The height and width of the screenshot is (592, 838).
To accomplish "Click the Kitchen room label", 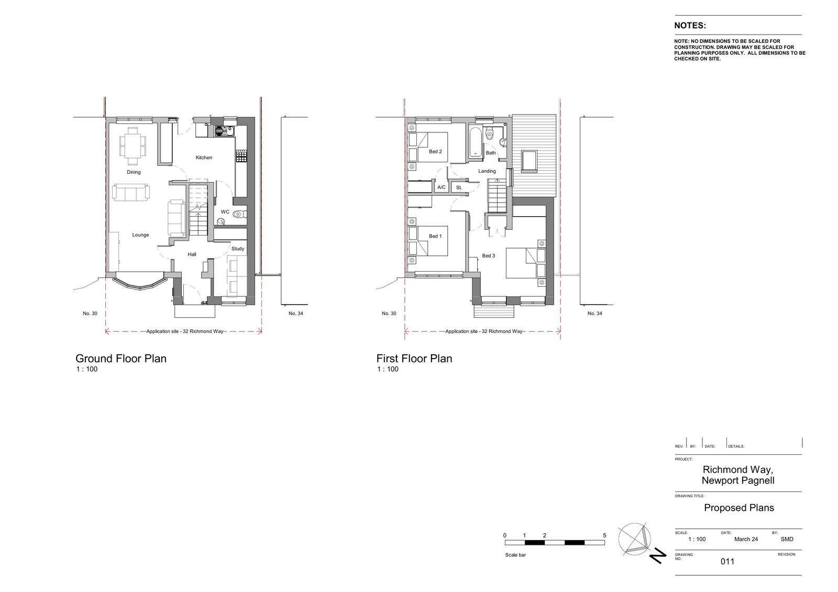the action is pyautogui.click(x=204, y=158).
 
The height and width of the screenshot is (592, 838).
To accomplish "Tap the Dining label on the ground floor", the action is pyautogui.click(x=134, y=172).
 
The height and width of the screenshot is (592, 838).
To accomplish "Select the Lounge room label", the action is pyautogui.click(x=140, y=235).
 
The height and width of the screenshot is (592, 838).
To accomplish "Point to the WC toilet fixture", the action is pyautogui.click(x=239, y=214).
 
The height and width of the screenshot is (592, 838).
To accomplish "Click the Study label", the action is pyautogui.click(x=238, y=249).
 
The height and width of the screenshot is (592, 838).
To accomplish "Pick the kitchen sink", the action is pyautogui.click(x=224, y=131).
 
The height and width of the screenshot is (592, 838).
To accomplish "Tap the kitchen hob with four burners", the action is pyautogui.click(x=241, y=156).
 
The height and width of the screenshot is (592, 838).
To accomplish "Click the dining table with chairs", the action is pyautogui.click(x=133, y=146).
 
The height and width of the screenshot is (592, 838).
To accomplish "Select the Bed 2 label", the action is pyautogui.click(x=435, y=151).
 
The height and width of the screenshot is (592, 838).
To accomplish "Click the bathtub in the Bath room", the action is pyautogui.click(x=476, y=142).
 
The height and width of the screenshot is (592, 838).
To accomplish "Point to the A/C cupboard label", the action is pyautogui.click(x=442, y=187).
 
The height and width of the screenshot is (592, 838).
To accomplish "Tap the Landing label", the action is pyautogui.click(x=487, y=171).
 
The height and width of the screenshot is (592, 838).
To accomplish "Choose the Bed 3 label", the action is pyautogui.click(x=488, y=256).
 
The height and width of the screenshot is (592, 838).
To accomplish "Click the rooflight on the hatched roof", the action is pyautogui.click(x=528, y=161).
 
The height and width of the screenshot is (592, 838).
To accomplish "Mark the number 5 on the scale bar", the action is pyautogui.click(x=604, y=535).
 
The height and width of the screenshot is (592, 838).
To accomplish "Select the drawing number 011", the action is pyautogui.click(x=727, y=561).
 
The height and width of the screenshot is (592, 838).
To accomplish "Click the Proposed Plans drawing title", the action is pyautogui.click(x=739, y=508).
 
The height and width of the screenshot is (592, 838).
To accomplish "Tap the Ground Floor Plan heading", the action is pyautogui.click(x=121, y=358).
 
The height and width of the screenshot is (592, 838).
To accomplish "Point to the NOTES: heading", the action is pyautogui.click(x=690, y=26).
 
